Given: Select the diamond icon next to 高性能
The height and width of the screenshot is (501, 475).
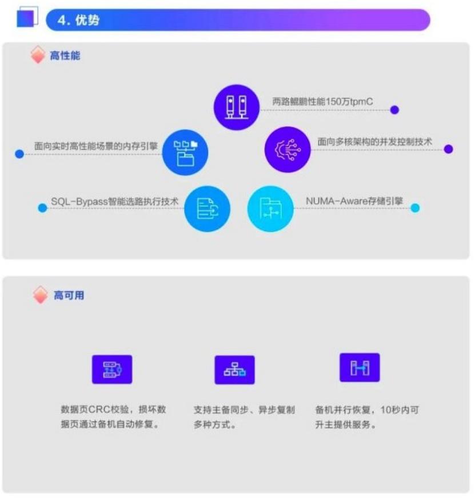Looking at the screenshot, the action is pos(38,56).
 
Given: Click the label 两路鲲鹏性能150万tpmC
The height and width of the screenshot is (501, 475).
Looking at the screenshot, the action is pos(323,102).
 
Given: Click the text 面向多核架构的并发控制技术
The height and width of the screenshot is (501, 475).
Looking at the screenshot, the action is pos(375,141).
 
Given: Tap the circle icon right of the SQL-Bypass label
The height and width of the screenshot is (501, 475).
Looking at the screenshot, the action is pos(207,209).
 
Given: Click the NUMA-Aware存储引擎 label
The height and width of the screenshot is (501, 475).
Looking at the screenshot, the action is pos(354,201).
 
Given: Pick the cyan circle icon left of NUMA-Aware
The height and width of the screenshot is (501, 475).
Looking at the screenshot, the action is pos(270,209).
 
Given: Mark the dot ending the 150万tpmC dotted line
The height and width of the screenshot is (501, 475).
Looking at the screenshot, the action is pos(394,110).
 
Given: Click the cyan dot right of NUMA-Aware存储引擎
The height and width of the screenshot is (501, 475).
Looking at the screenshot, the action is pos(415,208).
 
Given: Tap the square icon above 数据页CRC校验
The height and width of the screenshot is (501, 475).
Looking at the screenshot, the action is pos(112,369).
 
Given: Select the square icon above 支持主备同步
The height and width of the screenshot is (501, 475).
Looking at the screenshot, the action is pos(234,370).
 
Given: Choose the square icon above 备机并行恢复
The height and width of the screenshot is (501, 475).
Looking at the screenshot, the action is pos(360,367).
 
